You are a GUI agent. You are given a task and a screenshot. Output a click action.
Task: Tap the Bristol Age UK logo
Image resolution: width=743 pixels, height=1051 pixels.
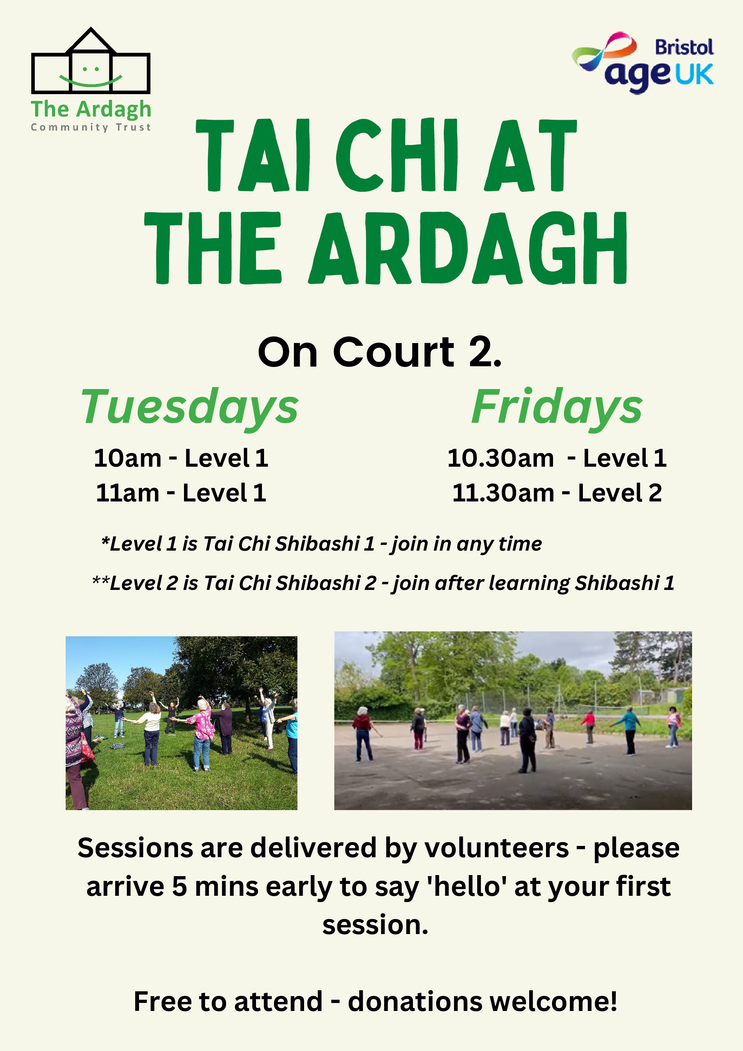pos(643,63)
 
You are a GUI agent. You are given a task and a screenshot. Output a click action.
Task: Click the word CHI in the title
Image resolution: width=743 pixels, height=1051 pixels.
pos(396,155)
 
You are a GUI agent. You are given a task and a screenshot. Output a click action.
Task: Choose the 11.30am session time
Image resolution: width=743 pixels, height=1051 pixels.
pos(503,493)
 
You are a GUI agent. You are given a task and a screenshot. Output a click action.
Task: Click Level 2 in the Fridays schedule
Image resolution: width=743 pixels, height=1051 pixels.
pos(620,493)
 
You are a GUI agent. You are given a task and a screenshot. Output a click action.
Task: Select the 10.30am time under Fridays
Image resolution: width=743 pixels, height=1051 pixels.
pos(500,458)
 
